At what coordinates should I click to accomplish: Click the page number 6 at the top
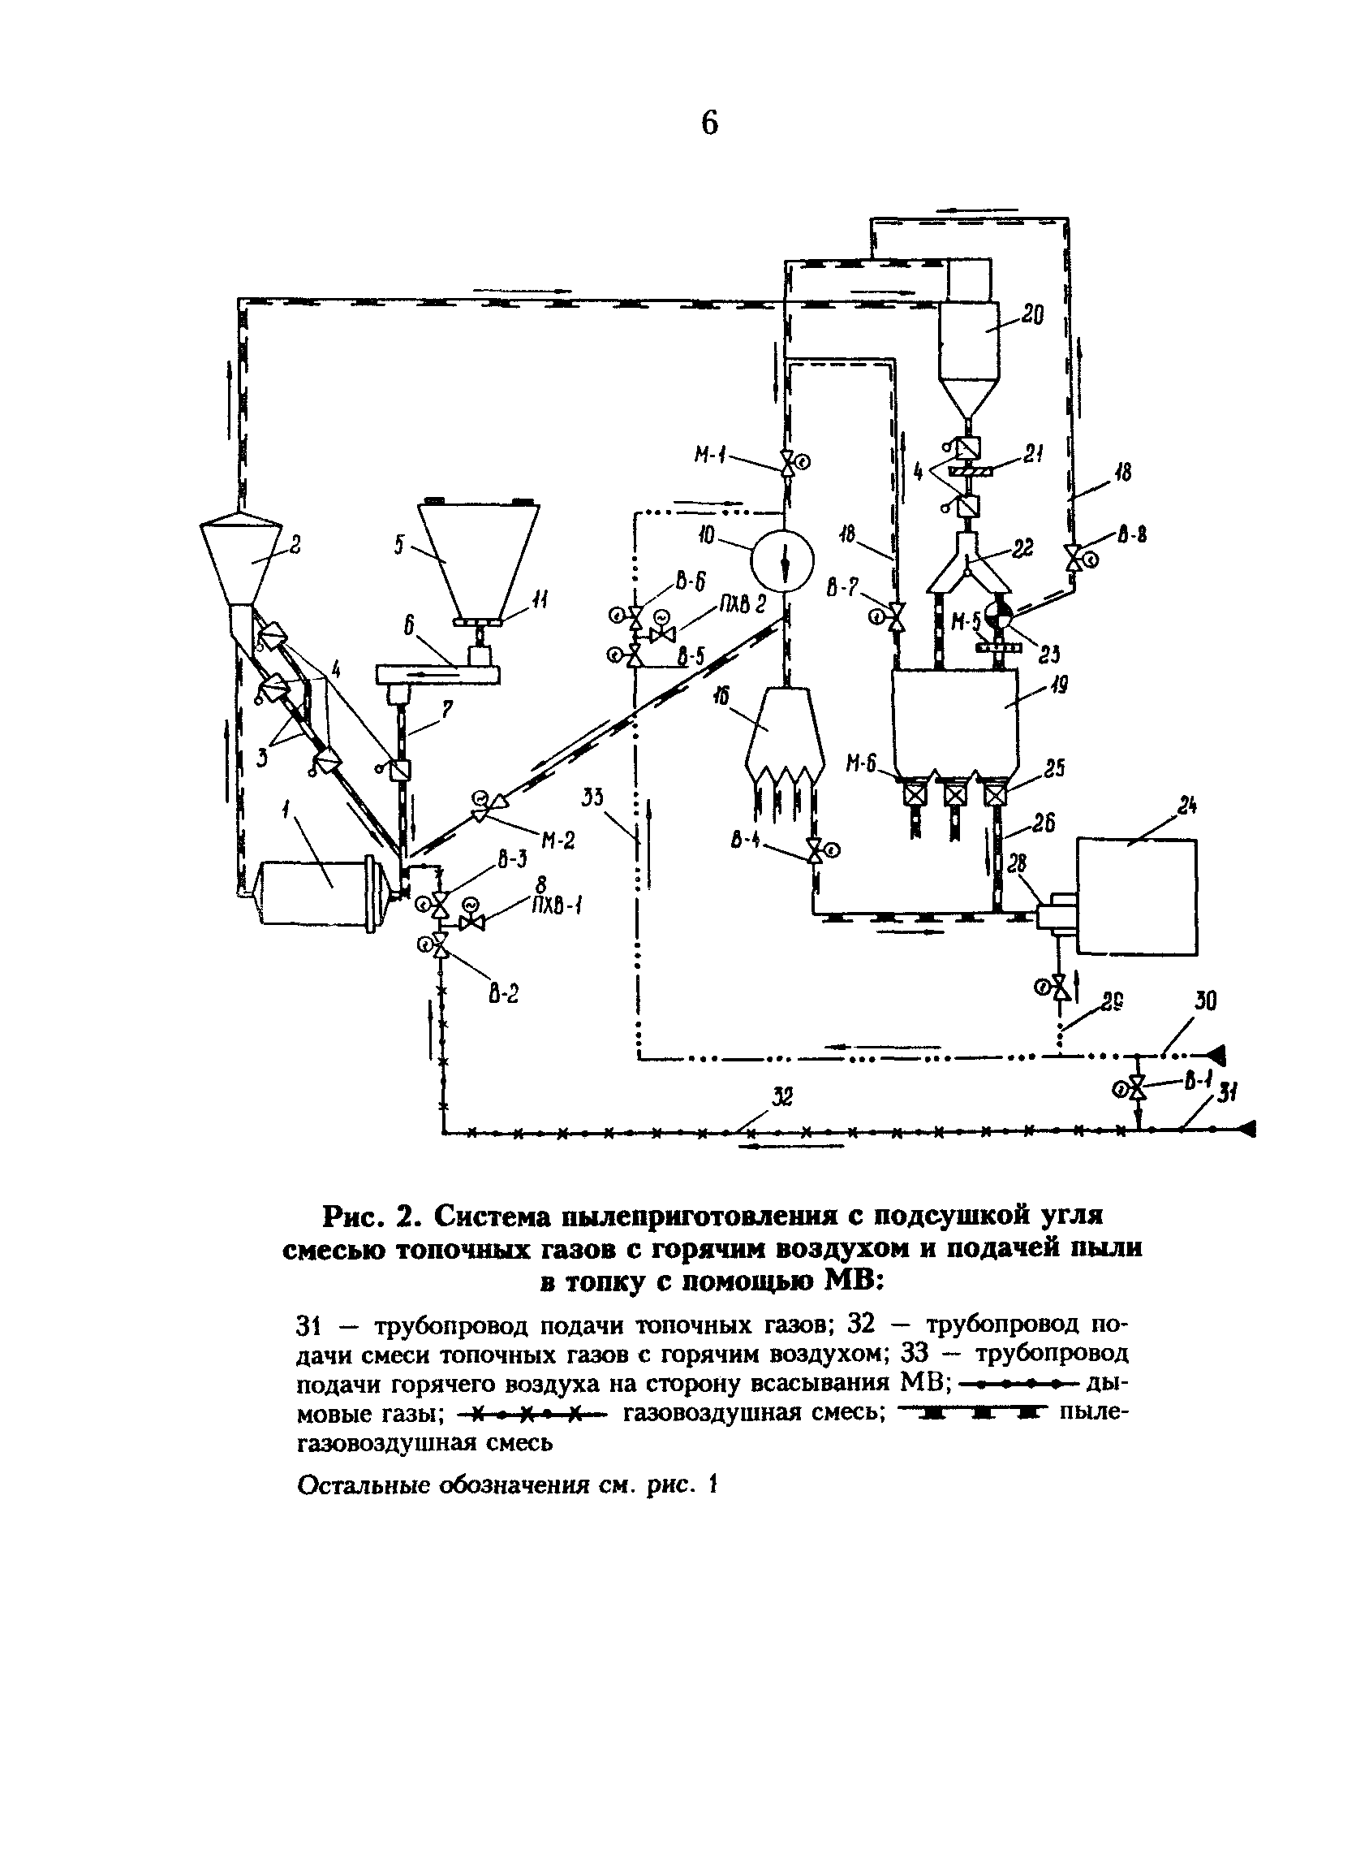(x=709, y=123)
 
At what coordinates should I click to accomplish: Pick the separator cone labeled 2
(x=239, y=560)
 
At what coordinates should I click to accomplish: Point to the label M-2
(x=557, y=840)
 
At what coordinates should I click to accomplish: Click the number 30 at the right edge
(x=1205, y=1001)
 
